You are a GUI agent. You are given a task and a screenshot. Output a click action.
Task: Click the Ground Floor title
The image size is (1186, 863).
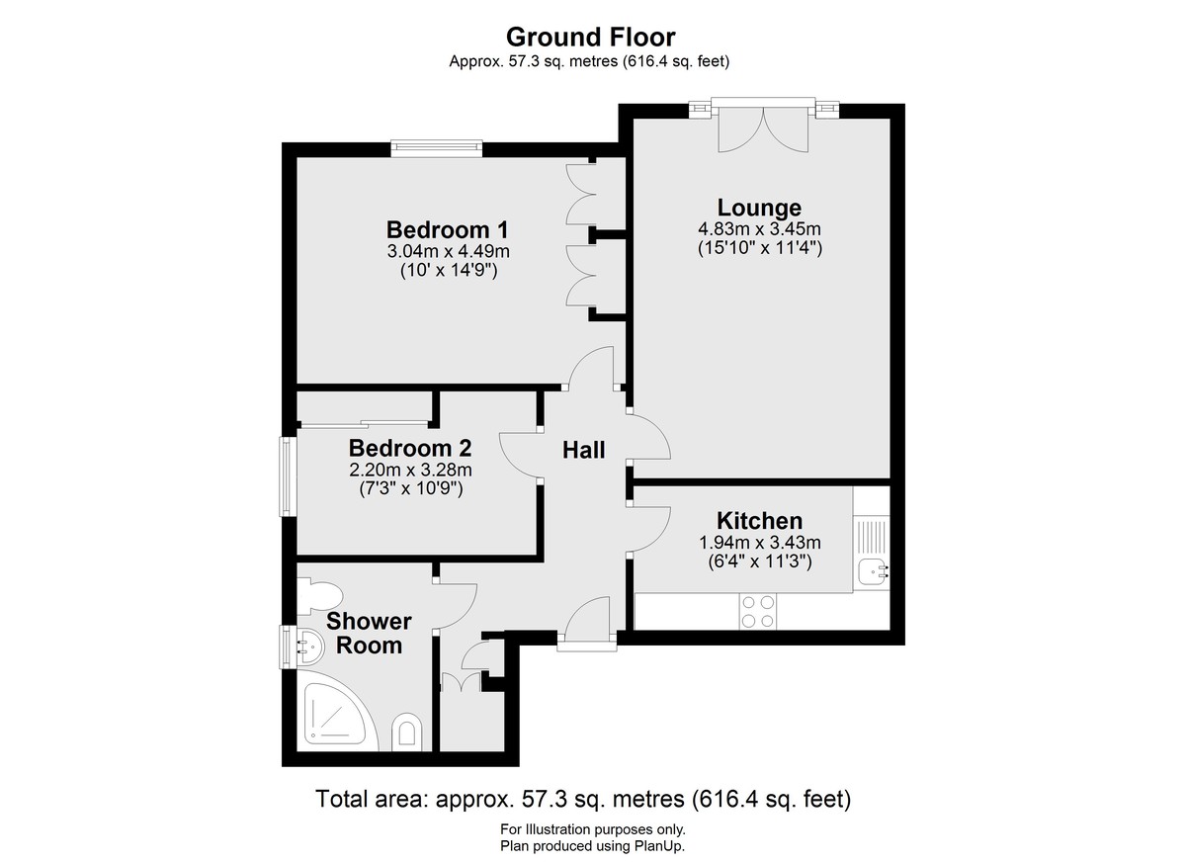590,37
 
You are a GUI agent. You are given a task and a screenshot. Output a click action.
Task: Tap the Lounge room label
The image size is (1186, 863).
759,208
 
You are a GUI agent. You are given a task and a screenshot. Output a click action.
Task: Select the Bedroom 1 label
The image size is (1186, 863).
448,229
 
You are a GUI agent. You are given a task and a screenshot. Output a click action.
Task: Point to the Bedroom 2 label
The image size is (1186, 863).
410,449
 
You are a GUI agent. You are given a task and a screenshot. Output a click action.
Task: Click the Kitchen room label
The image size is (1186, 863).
760,521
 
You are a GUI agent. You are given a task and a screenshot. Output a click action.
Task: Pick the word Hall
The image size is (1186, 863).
583,450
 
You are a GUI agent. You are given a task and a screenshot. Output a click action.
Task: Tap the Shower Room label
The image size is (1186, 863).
369,634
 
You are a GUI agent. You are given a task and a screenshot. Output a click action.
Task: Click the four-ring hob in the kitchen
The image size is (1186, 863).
758,612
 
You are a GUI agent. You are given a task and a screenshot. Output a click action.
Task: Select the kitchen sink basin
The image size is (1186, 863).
873,571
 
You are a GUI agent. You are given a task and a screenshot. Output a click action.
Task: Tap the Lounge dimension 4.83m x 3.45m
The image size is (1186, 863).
759,229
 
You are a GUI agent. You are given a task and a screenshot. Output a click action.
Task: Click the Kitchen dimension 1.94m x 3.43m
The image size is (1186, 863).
760,542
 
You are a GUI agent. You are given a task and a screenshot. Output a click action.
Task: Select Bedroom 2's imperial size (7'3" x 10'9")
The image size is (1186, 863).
411,488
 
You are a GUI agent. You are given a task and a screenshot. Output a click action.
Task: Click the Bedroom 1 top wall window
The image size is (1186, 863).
437,148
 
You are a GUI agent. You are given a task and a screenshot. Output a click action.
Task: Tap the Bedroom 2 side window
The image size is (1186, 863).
288,475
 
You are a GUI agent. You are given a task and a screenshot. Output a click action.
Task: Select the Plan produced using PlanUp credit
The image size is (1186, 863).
592,846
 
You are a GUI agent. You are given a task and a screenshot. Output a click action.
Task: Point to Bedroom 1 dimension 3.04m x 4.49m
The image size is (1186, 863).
448,251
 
